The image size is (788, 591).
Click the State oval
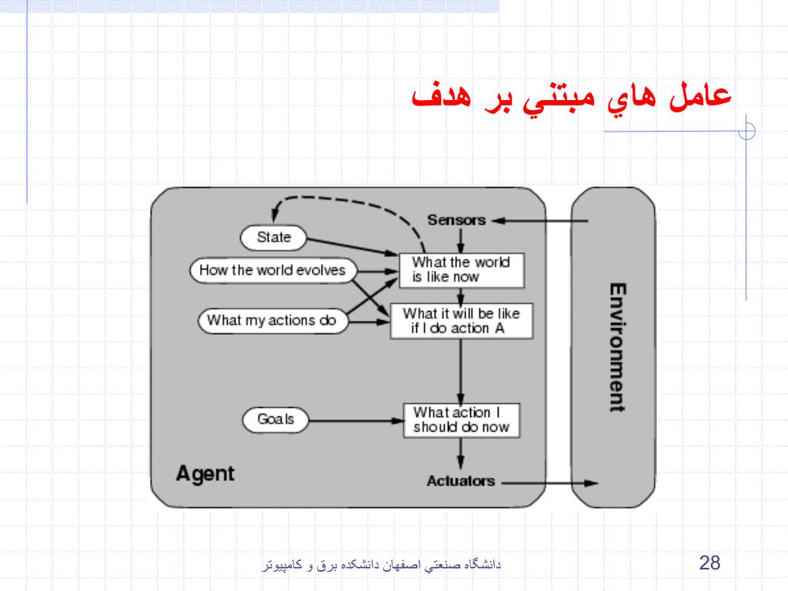(273, 237)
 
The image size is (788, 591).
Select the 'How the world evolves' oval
(272, 270)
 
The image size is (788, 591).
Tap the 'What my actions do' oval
(272, 320)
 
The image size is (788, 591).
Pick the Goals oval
(275, 419)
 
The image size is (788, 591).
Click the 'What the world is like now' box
(460, 269)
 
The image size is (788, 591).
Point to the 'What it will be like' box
(460, 321)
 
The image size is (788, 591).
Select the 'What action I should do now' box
(460, 419)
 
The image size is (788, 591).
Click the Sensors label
(456, 220)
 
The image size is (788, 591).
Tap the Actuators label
(460, 481)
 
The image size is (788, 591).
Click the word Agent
(205, 472)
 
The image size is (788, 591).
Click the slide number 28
(709, 563)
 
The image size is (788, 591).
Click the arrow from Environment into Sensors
(539, 221)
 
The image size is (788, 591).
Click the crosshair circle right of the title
(746, 132)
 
